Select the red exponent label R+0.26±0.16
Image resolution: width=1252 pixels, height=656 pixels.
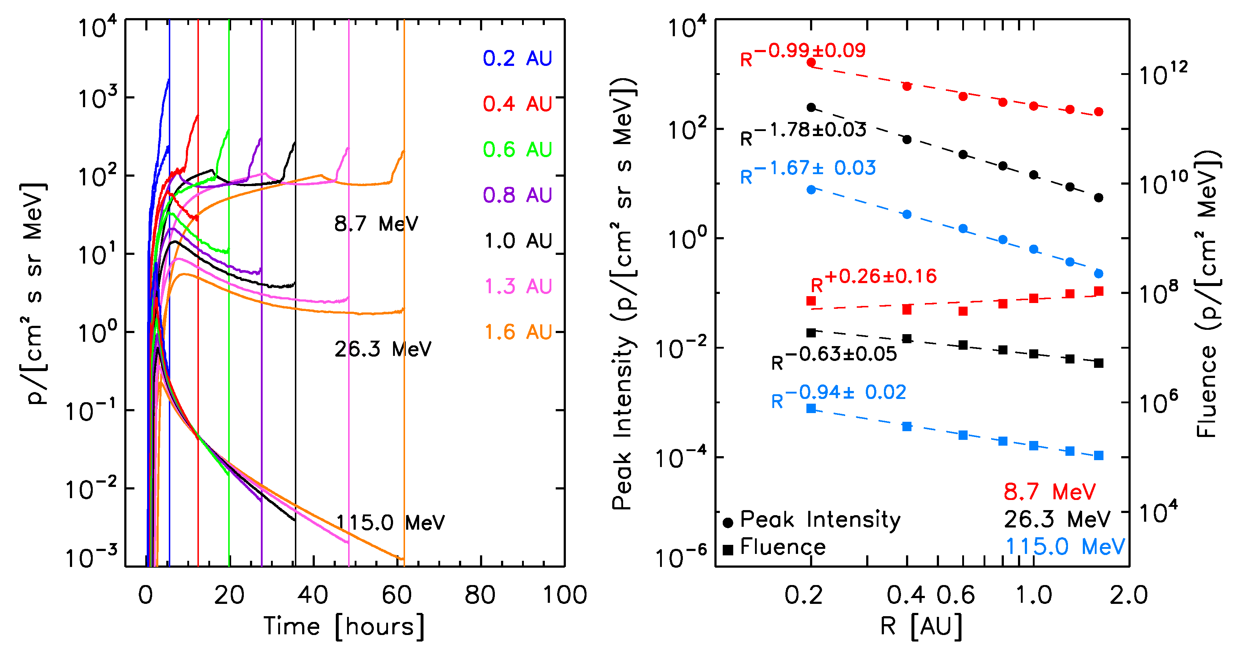tap(873, 279)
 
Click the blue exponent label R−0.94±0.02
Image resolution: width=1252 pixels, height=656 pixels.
tap(838, 395)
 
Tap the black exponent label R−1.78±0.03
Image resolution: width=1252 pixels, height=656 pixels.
tap(803, 133)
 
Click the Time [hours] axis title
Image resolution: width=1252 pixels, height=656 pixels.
tap(344, 626)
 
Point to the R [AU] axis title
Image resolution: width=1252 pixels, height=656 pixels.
tap(921, 626)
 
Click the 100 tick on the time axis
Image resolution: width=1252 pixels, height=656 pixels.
tap(565, 595)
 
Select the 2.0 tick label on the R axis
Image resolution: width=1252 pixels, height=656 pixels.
tap(1128, 595)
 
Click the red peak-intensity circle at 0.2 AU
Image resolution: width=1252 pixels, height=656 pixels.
tap(811, 63)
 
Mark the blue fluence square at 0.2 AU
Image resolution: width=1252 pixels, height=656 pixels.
tap(811, 408)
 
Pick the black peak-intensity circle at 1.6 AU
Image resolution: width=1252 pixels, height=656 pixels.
tap(1099, 198)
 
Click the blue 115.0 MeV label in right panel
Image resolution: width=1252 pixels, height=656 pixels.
tap(1064, 547)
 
